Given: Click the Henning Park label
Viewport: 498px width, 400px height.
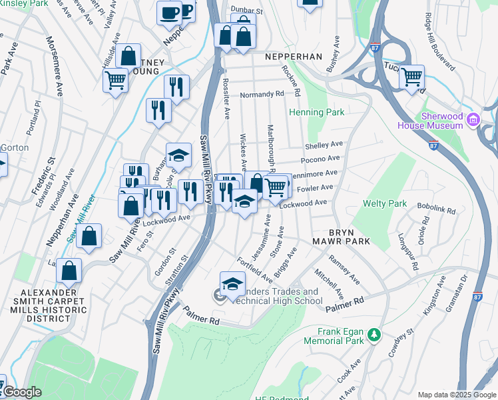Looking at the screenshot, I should tap(316, 112).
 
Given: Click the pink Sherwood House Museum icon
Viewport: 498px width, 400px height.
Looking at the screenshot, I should tap(473, 120).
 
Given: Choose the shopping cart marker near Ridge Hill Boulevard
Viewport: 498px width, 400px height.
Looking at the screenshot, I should tap(412, 78).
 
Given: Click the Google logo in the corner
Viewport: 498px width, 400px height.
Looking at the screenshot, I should tap(21, 392).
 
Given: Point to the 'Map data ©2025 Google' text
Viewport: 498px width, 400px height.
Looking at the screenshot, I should tap(456, 395).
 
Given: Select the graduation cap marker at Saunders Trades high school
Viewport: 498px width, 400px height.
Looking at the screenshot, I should tap(232, 285).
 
